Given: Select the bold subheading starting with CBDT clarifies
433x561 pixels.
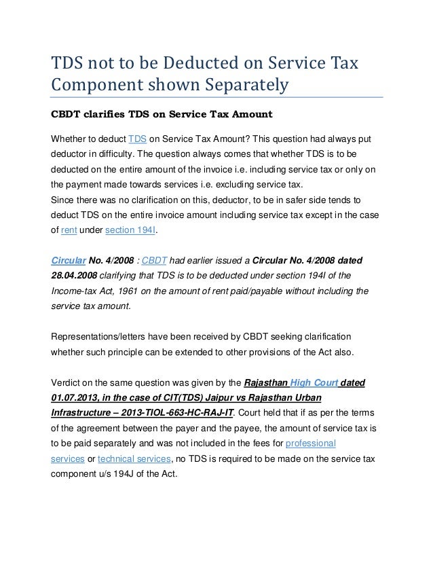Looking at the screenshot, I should coord(149,113).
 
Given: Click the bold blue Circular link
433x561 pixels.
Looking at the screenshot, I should coord(70,261).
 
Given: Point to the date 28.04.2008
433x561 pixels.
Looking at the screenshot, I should coord(74,276).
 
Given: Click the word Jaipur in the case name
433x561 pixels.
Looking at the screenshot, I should coord(226,398).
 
